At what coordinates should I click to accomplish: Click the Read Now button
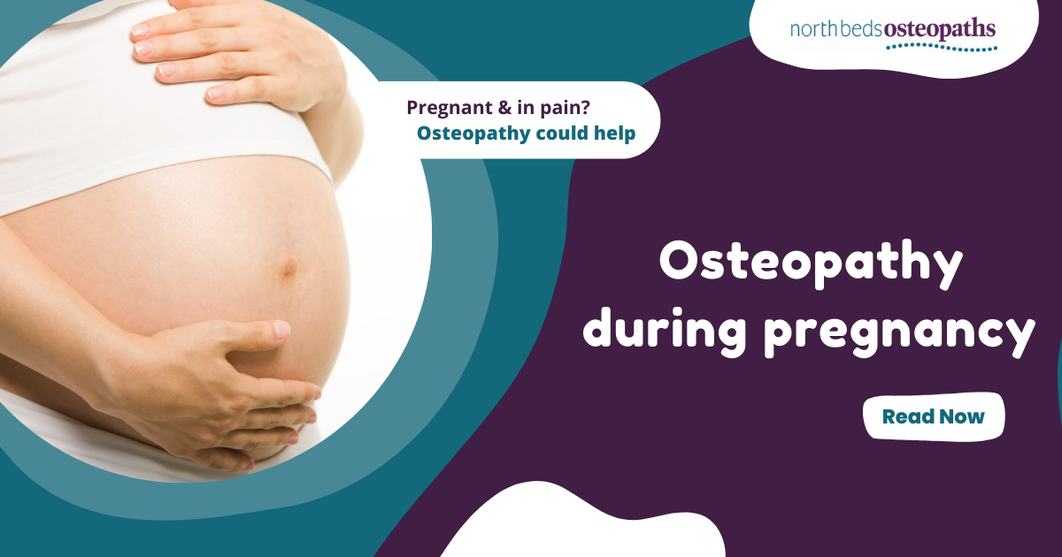coord(934,416)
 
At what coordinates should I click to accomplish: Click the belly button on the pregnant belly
coord(287,269)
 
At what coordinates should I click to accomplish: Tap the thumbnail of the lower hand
coord(280,330)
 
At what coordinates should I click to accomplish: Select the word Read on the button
coord(904,416)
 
